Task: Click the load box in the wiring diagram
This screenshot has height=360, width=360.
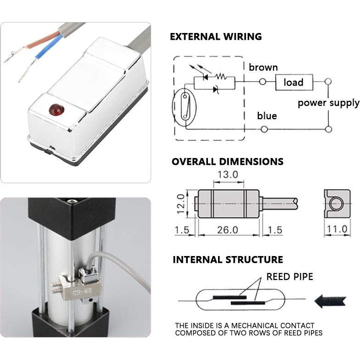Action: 294,82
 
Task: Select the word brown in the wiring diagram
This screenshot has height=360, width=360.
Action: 263,68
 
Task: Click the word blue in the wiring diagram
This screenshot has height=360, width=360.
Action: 267,116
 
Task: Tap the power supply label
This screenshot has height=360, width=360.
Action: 328,103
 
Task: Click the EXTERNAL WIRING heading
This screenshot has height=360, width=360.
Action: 216,37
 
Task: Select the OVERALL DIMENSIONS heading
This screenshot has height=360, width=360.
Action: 227,162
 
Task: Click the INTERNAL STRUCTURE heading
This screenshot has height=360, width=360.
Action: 228,260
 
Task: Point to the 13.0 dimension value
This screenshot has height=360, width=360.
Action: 227,175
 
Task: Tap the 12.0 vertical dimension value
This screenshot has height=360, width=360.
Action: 181,203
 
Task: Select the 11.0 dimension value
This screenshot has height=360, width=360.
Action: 336,229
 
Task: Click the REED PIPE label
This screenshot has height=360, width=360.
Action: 290,277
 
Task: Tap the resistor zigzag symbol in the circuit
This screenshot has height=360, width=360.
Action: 223,76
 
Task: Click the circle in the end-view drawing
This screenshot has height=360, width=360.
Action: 337,203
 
